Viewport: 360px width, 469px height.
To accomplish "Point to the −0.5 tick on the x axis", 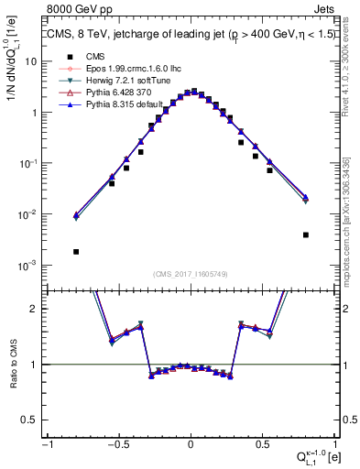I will [x=118, y=443].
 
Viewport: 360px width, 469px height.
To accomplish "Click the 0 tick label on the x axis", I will [x=191, y=443].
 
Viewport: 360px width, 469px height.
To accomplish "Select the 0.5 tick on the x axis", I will [x=262, y=443].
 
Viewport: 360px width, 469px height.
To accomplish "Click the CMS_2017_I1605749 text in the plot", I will [x=190, y=274].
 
